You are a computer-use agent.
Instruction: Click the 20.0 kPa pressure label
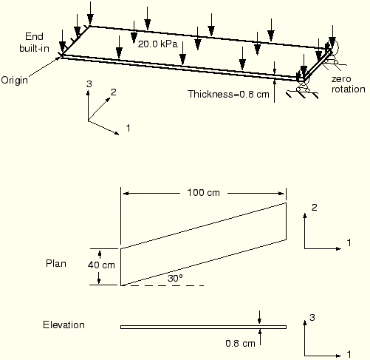[157, 44]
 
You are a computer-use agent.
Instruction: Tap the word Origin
[15, 81]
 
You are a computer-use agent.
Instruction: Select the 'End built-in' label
[34, 42]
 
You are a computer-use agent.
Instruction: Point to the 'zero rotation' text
[349, 84]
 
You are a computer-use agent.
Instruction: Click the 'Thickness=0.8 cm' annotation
[228, 94]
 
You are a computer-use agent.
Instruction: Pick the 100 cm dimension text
[204, 192]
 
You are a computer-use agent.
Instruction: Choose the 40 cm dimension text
[101, 265]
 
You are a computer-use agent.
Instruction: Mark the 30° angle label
[175, 279]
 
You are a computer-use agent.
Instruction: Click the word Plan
[56, 264]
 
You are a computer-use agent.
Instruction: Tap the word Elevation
[64, 325]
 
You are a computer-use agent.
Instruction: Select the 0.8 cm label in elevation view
[240, 344]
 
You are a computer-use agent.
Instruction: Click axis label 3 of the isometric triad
[89, 84]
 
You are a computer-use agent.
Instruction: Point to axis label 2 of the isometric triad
[113, 92]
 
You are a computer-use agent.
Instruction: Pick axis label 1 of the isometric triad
[128, 128]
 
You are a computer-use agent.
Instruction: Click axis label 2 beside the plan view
[314, 208]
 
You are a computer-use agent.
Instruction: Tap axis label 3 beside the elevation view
[312, 318]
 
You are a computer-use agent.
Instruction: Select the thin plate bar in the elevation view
[203, 327]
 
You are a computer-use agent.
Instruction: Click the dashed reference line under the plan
[163, 285]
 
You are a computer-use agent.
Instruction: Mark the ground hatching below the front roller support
[302, 95]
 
